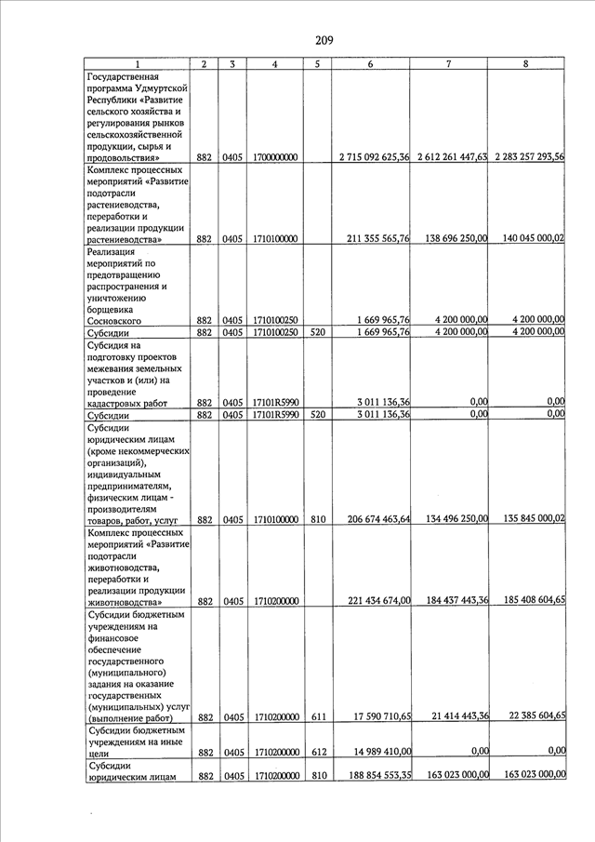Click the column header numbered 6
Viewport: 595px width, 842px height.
tap(371, 64)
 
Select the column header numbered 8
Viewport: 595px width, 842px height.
tap(526, 64)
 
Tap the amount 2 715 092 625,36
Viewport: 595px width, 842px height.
tap(371, 157)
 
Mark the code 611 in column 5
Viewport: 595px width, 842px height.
tap(317, 717)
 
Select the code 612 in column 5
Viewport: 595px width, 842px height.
tap(317, 752)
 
